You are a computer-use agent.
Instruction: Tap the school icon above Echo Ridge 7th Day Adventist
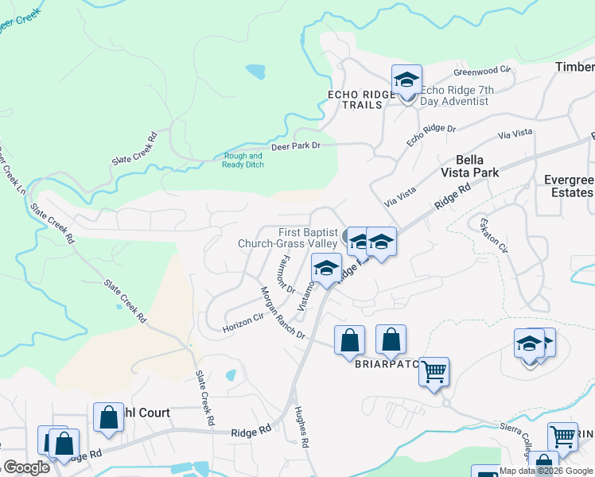(x=406, y=79)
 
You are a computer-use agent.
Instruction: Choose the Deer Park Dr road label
(x=295, y=146)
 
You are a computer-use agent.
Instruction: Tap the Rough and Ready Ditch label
(x=243, y=161)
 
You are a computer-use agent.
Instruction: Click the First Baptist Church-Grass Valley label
(x=294, y=238)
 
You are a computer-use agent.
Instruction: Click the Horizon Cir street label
(x=243, y=322)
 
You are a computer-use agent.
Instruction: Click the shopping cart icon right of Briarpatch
(x=434, y=371)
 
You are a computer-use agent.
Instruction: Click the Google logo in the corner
(x=25, y=467)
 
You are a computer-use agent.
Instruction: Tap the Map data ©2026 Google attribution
(x=546, y=471)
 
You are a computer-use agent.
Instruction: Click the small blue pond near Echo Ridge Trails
(x=255, y=72)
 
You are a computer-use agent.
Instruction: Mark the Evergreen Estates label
(x=568, y=186)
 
